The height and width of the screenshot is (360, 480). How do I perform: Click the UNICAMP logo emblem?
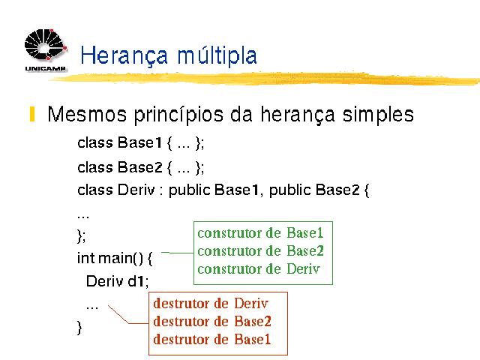(45, 45)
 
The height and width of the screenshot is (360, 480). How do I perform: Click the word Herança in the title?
(124, 55)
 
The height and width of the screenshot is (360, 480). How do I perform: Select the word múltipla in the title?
(217, 55)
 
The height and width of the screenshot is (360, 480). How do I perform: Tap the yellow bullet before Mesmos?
(32, 114)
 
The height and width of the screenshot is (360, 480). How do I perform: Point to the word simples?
(378, 115)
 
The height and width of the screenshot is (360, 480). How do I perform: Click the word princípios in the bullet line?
(178, 115)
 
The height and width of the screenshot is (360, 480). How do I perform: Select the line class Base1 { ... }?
(141, 142)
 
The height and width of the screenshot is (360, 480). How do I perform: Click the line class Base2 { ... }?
(141, 167)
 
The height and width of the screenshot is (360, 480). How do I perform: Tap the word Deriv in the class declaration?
(136, 190)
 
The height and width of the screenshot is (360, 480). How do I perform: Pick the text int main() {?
(115, 258)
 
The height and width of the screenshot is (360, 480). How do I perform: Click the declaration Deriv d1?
(118, 281)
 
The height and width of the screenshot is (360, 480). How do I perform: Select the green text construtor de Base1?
(260, 233)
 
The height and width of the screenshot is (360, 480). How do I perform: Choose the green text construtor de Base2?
(260, 251)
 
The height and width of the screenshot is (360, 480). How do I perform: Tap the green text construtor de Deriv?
(259, 269)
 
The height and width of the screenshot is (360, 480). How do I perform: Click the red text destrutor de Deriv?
(211, 303)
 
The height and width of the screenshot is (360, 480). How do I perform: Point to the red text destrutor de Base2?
(212, 322)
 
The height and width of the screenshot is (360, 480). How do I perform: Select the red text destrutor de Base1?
(212, 339)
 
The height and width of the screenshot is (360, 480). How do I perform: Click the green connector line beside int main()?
(177, 253)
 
